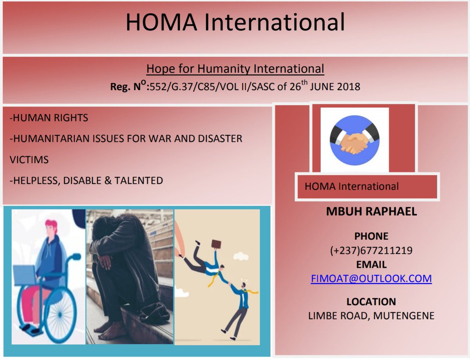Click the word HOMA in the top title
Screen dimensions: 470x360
coord(161,22)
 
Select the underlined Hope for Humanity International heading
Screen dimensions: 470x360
coord(235,69)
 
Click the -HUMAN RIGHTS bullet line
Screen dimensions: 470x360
coord(49,118)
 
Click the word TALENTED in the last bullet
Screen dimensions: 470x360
coord(138,181)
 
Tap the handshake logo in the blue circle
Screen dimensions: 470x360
coord(354,140)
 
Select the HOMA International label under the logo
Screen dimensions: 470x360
coord(351,186)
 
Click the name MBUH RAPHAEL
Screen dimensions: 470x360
coord(371,211)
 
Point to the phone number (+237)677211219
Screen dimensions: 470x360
coord(371,250)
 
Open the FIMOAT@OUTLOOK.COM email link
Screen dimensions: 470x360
coord(371,278)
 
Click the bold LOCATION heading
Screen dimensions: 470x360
coord(371,302)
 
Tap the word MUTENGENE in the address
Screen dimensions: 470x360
coord(403,316)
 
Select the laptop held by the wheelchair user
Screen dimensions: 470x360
coord(25,275)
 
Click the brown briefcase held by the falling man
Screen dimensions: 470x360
coord(216,244)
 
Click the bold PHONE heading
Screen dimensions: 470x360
coord(371,236)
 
